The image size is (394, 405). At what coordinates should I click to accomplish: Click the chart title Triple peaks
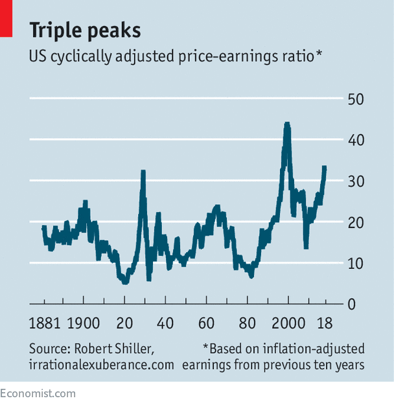pyautogui.click(x=84, y=30)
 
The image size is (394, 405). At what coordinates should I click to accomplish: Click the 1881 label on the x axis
pyautogui.click(x=48, y=323)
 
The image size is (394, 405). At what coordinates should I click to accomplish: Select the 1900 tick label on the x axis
pyautogui.click(x=84, y=323)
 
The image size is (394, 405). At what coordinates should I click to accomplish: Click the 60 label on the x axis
pyautogui.click(x=206, y=323)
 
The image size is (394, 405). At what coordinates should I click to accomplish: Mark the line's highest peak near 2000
pyautogui.click(x=286, y=124)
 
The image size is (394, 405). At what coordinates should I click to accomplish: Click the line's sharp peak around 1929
pyautogui.click(x=143, y=172)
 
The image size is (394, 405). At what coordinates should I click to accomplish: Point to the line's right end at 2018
pyautogui.click(x=325, y=168)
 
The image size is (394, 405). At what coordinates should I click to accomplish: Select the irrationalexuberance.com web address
pyautogui.click(x=101, y=365)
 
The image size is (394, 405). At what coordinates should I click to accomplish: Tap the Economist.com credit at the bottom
pyautogui.click(x=38, y=393)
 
